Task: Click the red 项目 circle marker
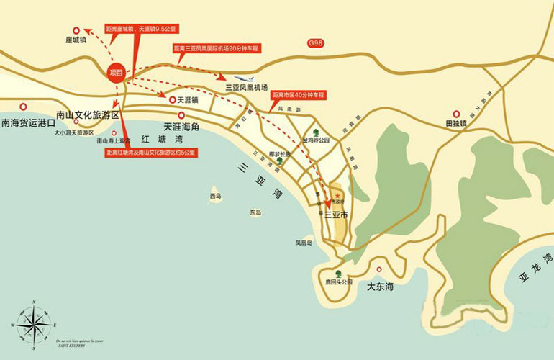click(x=116, y=73)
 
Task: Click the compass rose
click(x=30, y=325)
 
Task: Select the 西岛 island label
click(x=216, y=196)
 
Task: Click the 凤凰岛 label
click(x=303, y=243)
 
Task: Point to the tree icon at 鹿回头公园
click(x=337, y=272)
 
